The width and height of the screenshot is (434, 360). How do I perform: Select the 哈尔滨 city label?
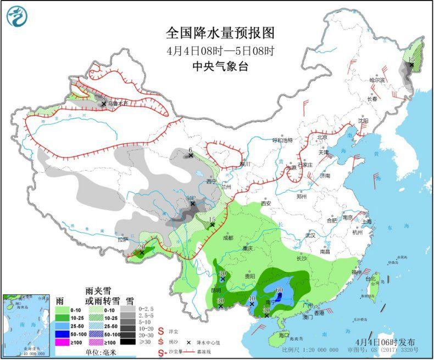coord(377,80)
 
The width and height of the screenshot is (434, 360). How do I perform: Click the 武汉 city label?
coord(310,235)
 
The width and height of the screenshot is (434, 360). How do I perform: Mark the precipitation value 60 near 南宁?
coord(279,290)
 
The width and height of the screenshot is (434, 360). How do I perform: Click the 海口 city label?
coord(284,335)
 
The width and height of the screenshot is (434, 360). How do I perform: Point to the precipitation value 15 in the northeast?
coord(411,59)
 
